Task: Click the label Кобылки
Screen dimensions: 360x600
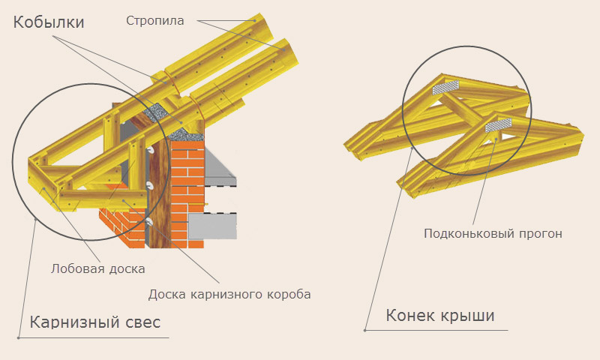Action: click(49, 22)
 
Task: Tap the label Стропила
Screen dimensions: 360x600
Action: click(155, 21)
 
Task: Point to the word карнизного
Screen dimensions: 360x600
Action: click(222, 293)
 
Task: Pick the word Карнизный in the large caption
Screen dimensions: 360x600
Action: click(74, 322)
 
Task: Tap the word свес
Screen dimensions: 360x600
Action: click(142, 322)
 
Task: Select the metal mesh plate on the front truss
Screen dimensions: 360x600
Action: click(499, 124)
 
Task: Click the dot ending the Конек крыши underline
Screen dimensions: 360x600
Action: click(364, 330)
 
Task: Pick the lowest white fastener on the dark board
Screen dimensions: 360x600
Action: click(150, 222)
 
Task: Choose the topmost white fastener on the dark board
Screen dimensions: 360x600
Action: click(150, 151)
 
